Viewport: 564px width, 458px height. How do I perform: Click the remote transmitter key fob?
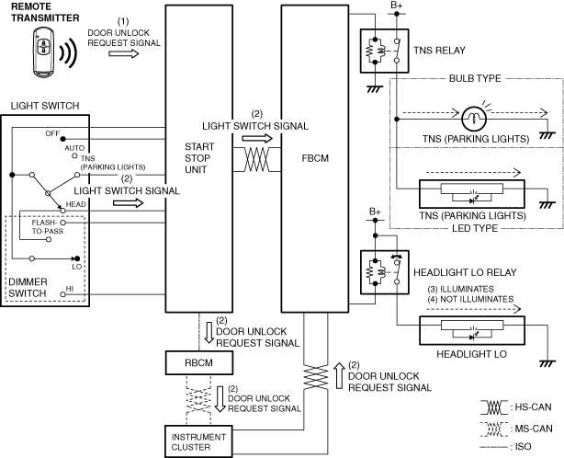43,52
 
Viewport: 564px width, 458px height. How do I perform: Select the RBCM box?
199,362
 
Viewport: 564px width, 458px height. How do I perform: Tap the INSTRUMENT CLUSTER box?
198,441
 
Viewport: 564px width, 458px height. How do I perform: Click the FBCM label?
315,158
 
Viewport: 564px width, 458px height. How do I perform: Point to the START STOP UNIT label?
199,158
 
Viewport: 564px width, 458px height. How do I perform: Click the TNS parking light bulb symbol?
474,119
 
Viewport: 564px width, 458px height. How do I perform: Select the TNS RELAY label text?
439,51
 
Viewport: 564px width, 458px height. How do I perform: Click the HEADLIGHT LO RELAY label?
465,272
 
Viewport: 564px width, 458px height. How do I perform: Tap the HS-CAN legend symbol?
494,406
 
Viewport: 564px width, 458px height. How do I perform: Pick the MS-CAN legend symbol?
494,429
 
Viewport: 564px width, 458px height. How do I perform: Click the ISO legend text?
523,447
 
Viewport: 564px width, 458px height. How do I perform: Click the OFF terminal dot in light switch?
62,139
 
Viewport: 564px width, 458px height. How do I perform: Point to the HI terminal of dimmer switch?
62,294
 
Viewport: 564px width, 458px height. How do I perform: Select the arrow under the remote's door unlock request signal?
124,53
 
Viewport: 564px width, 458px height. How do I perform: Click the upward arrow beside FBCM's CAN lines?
339,375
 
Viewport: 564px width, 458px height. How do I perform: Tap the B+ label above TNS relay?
397,6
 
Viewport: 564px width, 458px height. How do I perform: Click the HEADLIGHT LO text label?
471,354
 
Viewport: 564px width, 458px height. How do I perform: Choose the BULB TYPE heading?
475,78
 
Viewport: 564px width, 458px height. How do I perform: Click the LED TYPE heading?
475,228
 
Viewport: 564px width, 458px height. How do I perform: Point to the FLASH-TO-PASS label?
48,227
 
